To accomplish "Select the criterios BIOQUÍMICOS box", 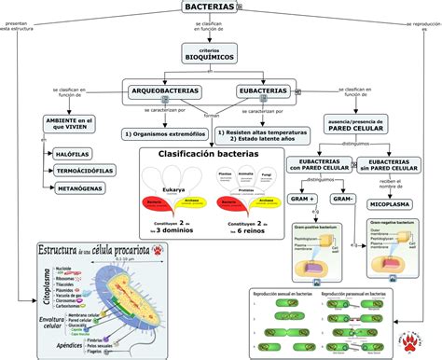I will tap(210, 53).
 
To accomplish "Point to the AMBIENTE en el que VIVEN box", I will tap(71, 125).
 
